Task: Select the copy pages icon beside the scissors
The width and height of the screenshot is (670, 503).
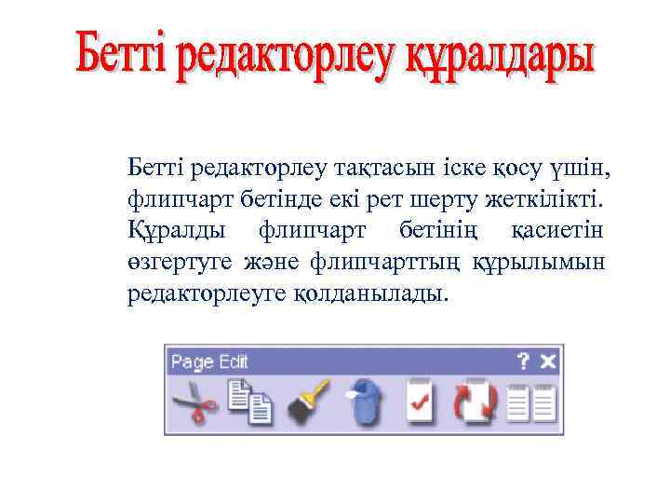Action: (x=248, y=403)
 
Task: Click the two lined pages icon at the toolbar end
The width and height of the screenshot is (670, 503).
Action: (x=533, y=402)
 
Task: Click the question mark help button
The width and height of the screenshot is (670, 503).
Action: (x=524, y=360)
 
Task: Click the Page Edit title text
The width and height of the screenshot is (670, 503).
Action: (x=209, y=361)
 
